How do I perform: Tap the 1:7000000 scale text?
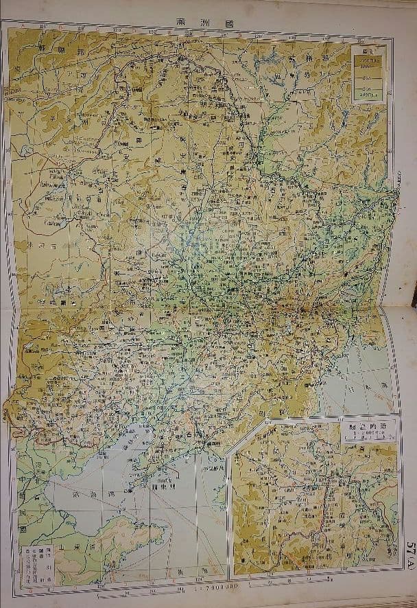(x=218, y=589)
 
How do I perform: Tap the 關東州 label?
(x=163, y=491)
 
